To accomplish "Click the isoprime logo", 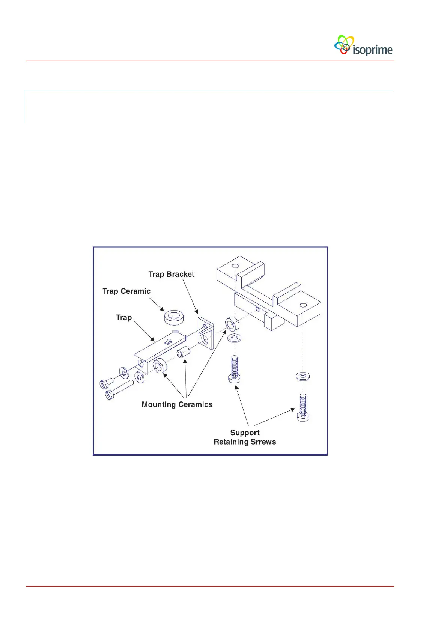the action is [363, 46].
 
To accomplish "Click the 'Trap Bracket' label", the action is [171, 274].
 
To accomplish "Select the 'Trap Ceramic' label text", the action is [126, 291].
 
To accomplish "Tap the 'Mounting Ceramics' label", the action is [177, 404].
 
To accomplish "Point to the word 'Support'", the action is [245, 433].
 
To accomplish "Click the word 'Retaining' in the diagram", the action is [231, 442].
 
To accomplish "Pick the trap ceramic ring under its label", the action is [174, 317].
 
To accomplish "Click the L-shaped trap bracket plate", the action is [205, 333].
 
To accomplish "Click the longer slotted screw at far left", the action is [119, 389].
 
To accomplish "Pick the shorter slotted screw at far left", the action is [106, 383].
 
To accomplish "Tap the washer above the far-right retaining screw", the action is [303, 376].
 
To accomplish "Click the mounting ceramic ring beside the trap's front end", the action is [160, 365].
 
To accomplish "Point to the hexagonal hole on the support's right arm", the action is [303, 305].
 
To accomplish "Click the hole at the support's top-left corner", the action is [235, 265].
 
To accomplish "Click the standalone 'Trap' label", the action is [124, 317].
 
